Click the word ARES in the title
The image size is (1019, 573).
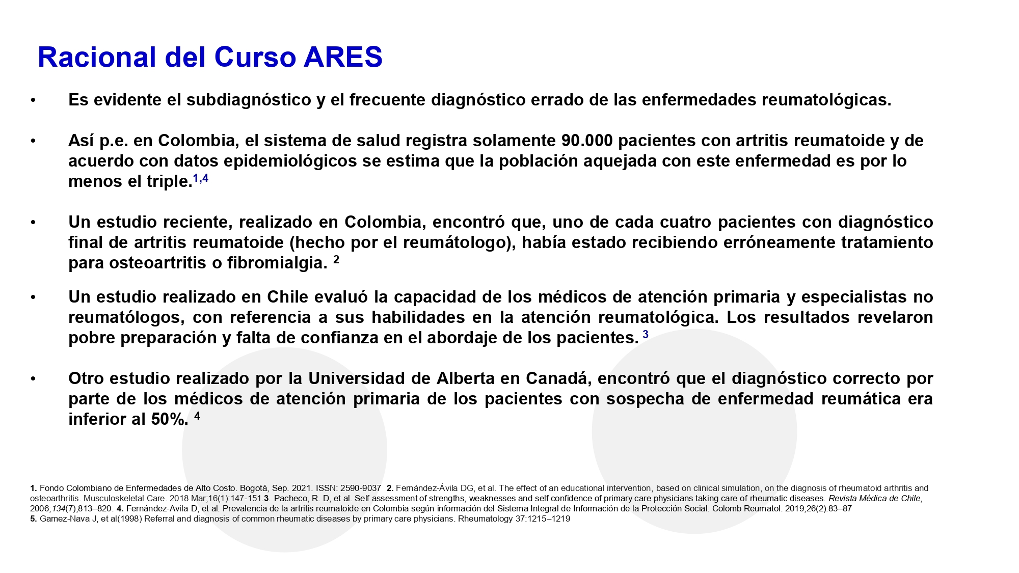[343, 57]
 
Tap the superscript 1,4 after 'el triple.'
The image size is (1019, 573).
[201, 178]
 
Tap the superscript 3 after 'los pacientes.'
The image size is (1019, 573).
[646, 335]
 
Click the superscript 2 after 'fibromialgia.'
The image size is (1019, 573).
[336, 260]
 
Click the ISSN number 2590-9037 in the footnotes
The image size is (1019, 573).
[361, 488]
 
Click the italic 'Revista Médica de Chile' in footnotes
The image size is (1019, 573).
[875, 498]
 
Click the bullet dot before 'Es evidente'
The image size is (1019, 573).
[33, 100]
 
